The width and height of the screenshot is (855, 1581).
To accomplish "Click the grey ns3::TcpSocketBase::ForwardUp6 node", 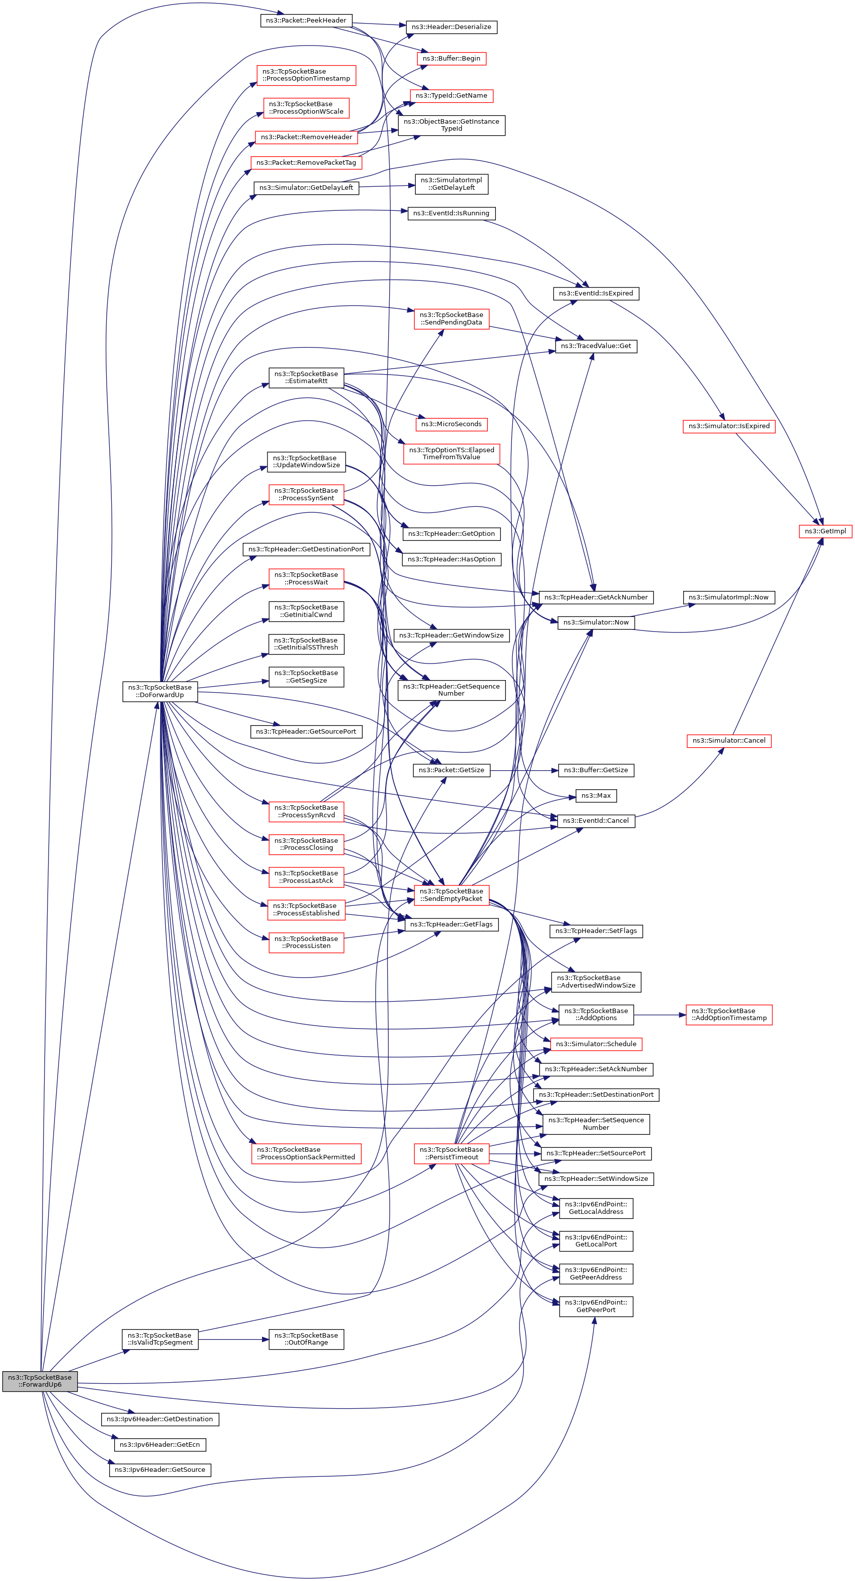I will [40, 1380].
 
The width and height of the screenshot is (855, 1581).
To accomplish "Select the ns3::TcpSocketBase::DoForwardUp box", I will [160, 691].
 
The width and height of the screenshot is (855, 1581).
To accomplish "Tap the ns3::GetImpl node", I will [825, 531].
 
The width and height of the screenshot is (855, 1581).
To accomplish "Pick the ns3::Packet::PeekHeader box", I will [306, 20].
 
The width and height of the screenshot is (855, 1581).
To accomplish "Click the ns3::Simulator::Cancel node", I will [729, 741].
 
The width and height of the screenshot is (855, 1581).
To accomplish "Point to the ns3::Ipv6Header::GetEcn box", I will [160, 1444].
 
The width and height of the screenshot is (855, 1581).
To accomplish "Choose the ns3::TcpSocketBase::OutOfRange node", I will [306, 1339].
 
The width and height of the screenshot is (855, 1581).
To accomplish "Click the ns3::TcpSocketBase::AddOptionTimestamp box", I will [729, 1015].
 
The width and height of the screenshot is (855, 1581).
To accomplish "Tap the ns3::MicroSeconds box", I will [451, 424].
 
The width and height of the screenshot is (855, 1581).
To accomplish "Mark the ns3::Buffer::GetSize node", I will [596, 770].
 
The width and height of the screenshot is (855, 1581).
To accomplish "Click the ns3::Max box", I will [596, 795].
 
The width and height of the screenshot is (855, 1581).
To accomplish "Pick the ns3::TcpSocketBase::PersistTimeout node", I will [451, 1153].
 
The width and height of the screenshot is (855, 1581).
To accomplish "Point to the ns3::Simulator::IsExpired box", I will [729, 426].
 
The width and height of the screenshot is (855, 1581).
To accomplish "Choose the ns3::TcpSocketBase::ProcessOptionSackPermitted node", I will [306, 1153].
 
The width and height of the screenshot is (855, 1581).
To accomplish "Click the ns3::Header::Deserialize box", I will [451, 27].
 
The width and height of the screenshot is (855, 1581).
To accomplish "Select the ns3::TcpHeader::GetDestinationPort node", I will [306, 549].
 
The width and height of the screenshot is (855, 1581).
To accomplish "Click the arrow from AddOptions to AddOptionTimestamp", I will [659, 1015].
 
